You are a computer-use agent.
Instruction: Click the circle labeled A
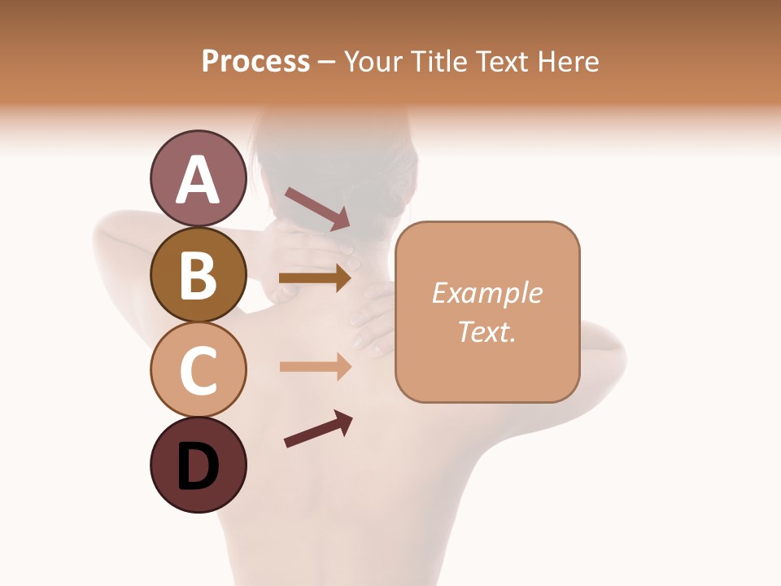[x=198, y=179]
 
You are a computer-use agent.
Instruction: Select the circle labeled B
[x=198, y=274]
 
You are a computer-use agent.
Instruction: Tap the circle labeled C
[x=198, y=370]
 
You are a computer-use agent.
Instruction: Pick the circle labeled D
[x=198, y=465]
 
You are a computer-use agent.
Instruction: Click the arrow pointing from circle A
[x=316, y=208]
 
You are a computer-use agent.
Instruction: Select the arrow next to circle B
[x=315, y=278]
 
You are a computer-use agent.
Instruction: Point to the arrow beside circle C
[x=315, y=367]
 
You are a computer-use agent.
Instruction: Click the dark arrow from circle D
[x=318, y=429]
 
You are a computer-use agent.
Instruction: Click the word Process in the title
[x=255, y=61]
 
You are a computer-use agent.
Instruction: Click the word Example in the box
[x=486, y=293]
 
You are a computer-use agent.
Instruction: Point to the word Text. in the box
[x=486, y=331]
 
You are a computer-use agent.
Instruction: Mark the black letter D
[x=198, y=468]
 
